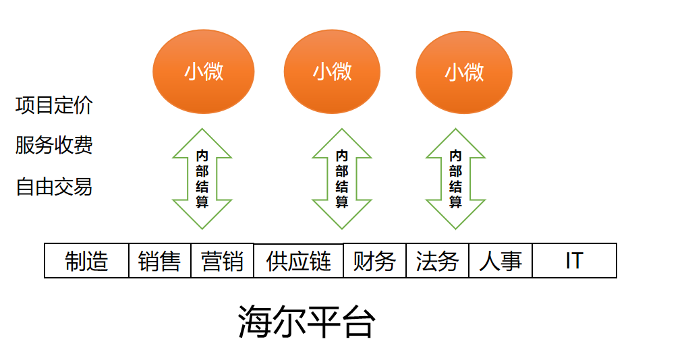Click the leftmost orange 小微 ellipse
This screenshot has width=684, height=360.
203,71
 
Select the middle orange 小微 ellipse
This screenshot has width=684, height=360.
332,71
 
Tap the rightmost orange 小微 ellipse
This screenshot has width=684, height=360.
464,72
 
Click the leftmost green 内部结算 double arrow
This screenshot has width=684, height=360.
202,179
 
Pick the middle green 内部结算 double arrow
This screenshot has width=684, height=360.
342,179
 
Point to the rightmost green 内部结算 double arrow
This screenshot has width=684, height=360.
455,179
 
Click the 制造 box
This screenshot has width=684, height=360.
87,261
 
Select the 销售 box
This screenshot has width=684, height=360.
160,261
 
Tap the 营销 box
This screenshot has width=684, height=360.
223,261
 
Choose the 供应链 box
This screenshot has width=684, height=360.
299,261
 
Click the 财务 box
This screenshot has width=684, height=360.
375,261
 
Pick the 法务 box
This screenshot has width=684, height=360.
438,261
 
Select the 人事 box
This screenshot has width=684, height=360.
501,261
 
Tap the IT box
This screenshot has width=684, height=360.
575,261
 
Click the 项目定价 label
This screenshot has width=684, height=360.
54,105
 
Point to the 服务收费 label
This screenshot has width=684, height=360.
54,145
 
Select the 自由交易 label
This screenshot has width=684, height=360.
54,187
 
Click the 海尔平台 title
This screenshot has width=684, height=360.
307,322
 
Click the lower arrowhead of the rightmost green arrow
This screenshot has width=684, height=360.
455,215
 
